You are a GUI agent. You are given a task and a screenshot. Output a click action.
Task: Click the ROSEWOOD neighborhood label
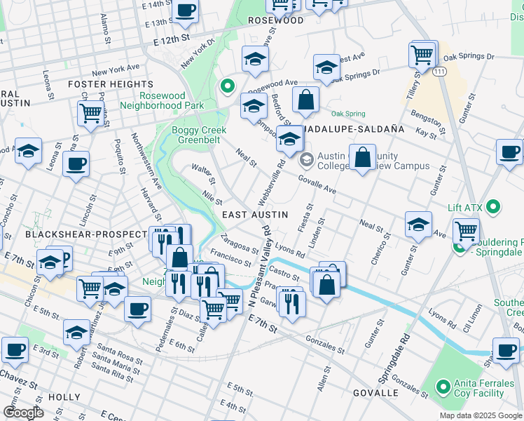(276, 21)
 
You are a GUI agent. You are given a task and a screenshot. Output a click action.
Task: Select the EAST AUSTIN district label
(254, 215)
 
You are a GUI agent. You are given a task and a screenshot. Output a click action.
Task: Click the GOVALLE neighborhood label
(375, 392)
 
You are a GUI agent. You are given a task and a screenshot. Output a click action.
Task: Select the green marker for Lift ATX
(493, 207)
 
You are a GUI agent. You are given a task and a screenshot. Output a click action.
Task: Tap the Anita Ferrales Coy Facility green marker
(442, 387)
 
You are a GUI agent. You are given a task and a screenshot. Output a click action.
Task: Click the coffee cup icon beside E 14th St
(186, 11)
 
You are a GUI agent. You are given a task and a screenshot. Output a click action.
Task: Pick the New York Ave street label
(116, 71)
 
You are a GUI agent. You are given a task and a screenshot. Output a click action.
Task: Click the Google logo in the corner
(23, 413)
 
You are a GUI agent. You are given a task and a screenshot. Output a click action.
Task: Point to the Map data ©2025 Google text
(480, 415)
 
